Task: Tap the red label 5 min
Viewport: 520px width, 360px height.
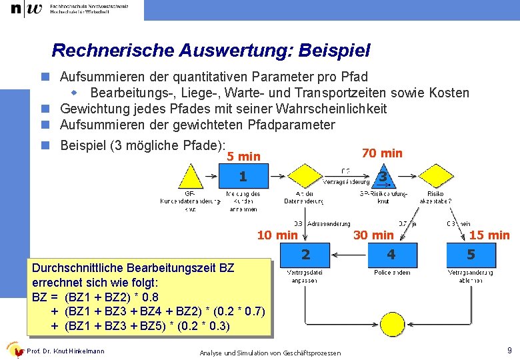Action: coord(243,157)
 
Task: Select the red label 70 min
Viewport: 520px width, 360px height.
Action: coord(382,153)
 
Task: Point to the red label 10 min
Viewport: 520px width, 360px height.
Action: coord(277,235)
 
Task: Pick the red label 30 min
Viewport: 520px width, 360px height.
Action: coord(373,235)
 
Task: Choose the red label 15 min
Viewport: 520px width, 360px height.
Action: coord(489,235)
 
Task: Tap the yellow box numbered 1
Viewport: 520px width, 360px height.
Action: coord(243,177)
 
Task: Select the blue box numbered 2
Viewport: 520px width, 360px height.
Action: coord(305,254)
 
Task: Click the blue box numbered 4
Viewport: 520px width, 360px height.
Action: coord(391,254)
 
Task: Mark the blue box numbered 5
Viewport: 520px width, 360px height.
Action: coord(471,254)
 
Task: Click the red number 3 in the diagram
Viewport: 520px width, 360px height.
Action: coord(383,177)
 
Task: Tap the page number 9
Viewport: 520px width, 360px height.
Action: coord(509,350)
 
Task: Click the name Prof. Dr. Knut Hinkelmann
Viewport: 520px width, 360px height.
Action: coord(65,351)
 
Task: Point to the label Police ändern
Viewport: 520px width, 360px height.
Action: coord(392,272)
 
